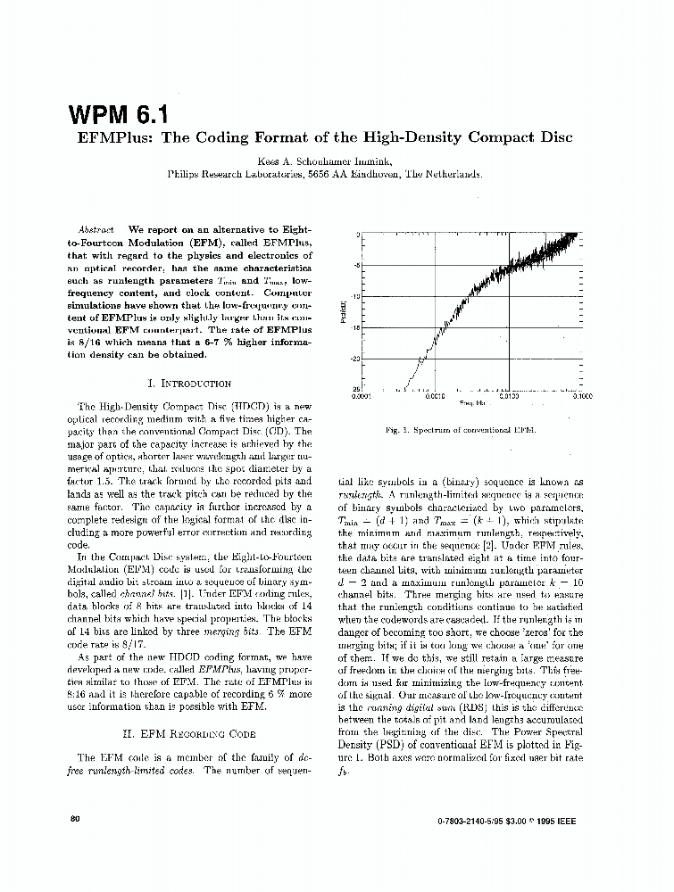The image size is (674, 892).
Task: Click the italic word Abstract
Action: coord(96,229)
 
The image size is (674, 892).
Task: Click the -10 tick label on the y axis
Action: coord(354,296)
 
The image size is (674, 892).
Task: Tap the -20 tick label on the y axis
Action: coord(354,359)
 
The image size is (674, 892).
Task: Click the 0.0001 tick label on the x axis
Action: coord(362,397)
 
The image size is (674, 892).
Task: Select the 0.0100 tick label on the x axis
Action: coord(509,397)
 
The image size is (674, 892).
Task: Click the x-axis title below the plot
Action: coord(471,404)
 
